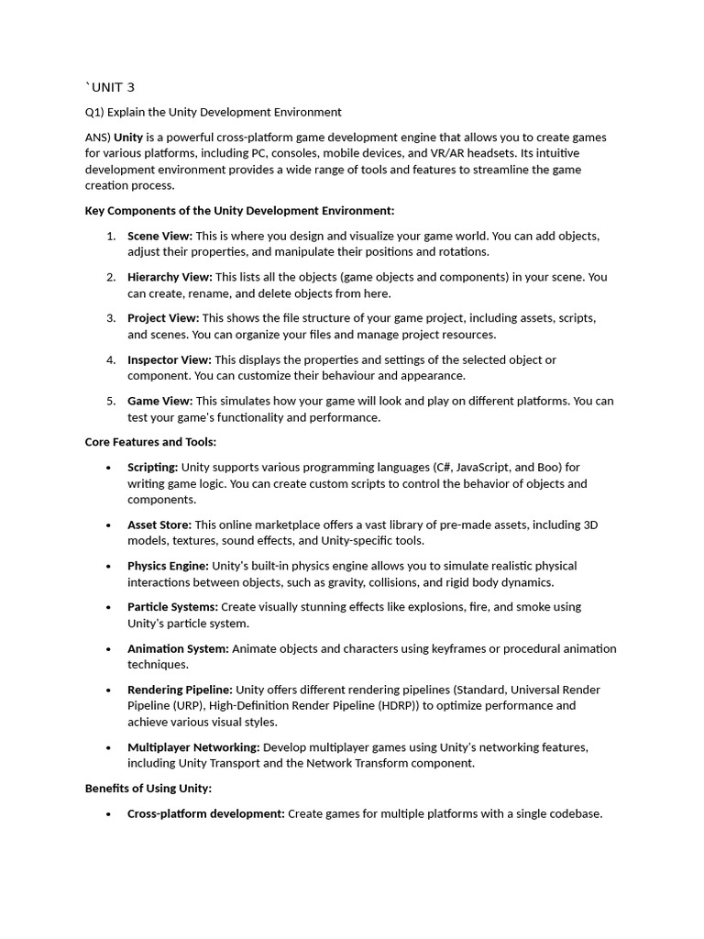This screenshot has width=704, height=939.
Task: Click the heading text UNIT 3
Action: tap(112, 87)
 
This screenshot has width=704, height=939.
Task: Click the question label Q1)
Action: tap(95, 112)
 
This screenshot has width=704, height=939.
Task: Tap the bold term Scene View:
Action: tap(159, 236)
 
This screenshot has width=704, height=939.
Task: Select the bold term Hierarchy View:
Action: tap(170, 277)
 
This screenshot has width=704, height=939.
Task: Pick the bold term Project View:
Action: tap(162, 318)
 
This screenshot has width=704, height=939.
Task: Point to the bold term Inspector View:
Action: tap(169, 359)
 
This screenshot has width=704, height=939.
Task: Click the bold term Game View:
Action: tap(159, 401)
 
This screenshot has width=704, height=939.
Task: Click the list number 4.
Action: tap(110, 359)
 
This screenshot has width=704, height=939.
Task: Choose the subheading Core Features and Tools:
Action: tap(150, 442)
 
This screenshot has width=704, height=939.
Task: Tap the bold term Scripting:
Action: tap(152, 467)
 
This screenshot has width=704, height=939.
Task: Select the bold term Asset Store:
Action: tap(159, 525)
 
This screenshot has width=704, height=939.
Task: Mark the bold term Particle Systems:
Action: tap(172, 607)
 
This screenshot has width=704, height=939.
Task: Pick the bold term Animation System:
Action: tap(178, 648)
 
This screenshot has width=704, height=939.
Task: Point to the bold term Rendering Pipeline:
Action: tap(181, 690)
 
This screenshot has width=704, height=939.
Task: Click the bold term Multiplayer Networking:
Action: tap(193, 747)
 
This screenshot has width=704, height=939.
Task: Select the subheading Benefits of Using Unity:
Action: tap(148, 788)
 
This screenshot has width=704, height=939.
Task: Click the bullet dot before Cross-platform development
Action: tap(108, 813)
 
